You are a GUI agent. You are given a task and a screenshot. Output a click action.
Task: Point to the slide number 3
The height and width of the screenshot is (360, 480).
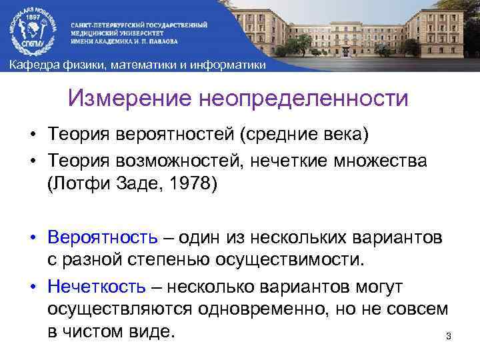point(448,335)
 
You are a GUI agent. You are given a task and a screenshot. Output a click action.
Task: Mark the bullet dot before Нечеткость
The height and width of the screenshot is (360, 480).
point(32,287)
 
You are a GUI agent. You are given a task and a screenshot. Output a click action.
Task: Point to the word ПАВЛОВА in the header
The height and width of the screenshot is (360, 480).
point(160,39)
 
